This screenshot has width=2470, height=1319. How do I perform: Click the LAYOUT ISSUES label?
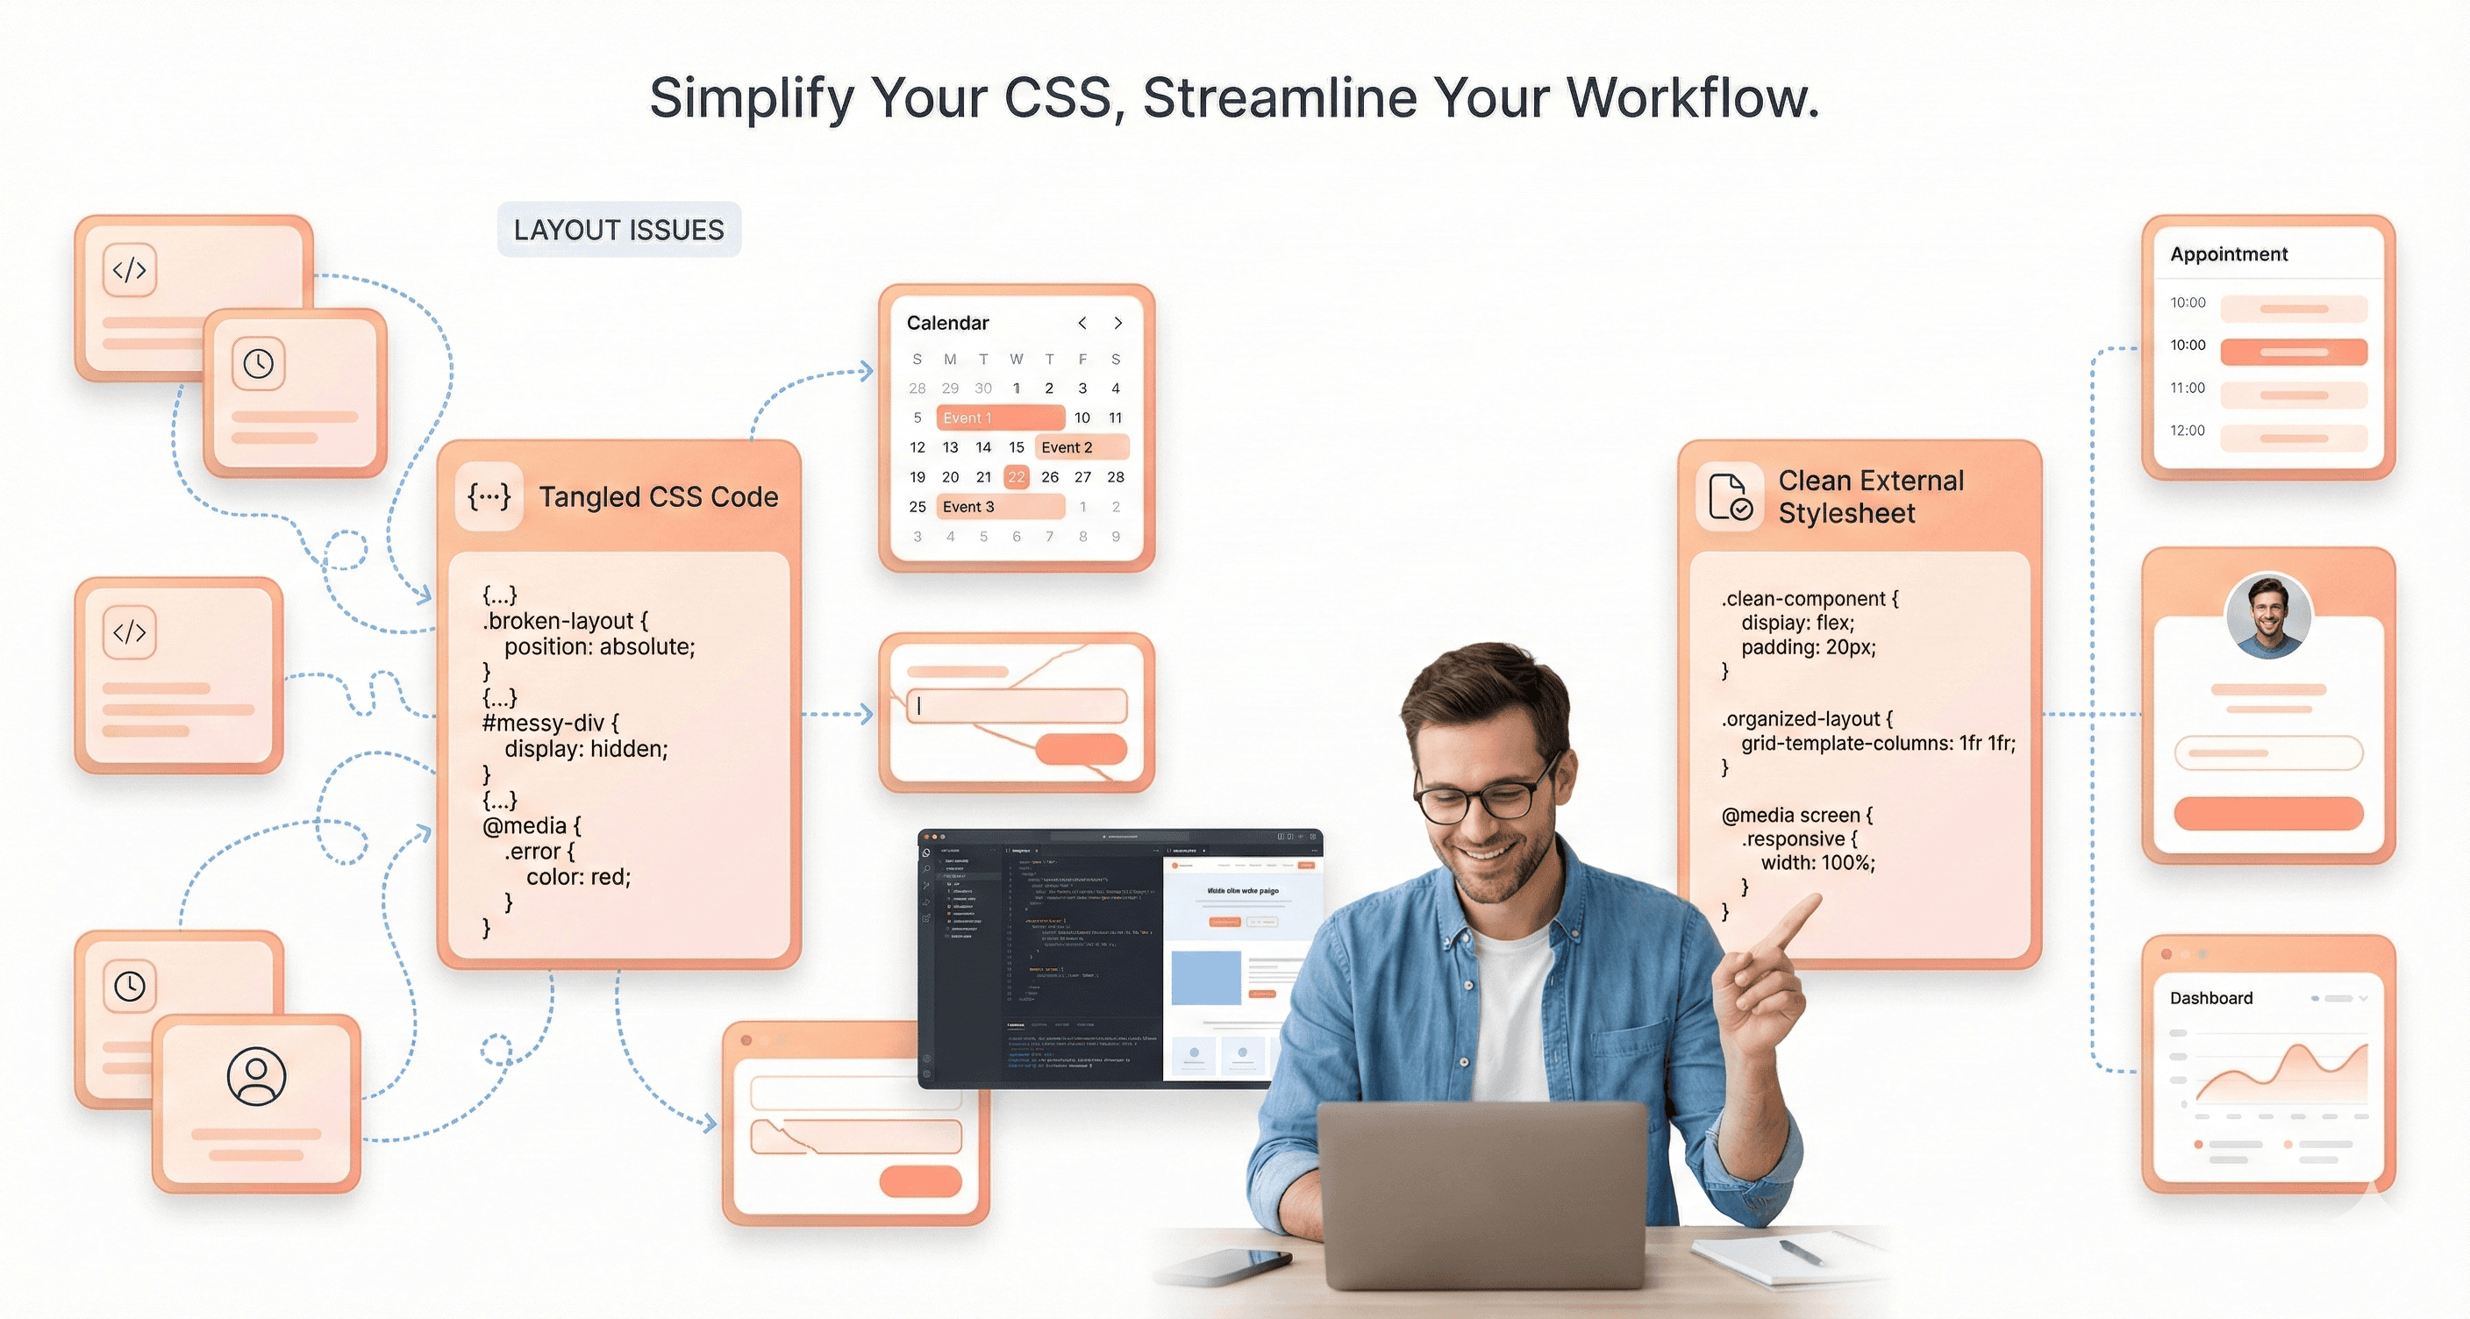pyautogui.click(x=618, y=230)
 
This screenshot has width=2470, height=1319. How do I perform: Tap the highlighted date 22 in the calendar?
pyautogui.click(x=1017, y=476)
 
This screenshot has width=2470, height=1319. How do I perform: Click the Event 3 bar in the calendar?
pyautogui.click(x=1000, y=506)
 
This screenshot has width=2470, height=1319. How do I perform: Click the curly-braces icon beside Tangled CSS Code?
pyautogui.click(x=489, y=496)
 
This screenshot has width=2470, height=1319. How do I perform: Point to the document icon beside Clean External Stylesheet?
pyautogui.click(x=1730, y=496)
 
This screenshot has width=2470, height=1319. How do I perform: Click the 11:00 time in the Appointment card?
pyautogui.click(x=2188, y=389)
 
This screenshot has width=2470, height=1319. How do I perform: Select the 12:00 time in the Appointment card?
pyautogui.click(x=2188, y=431)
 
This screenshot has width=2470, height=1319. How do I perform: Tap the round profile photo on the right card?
pyautogui.click(x=2267, y=616)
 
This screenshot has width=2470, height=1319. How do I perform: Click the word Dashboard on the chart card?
pyautogui.click(x=2211, y=998)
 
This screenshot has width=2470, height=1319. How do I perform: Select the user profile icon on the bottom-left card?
pyautogui.click(x=256, y=1075)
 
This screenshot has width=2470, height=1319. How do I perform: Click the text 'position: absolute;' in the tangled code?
pyautogui.click(x=599, y=647)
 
